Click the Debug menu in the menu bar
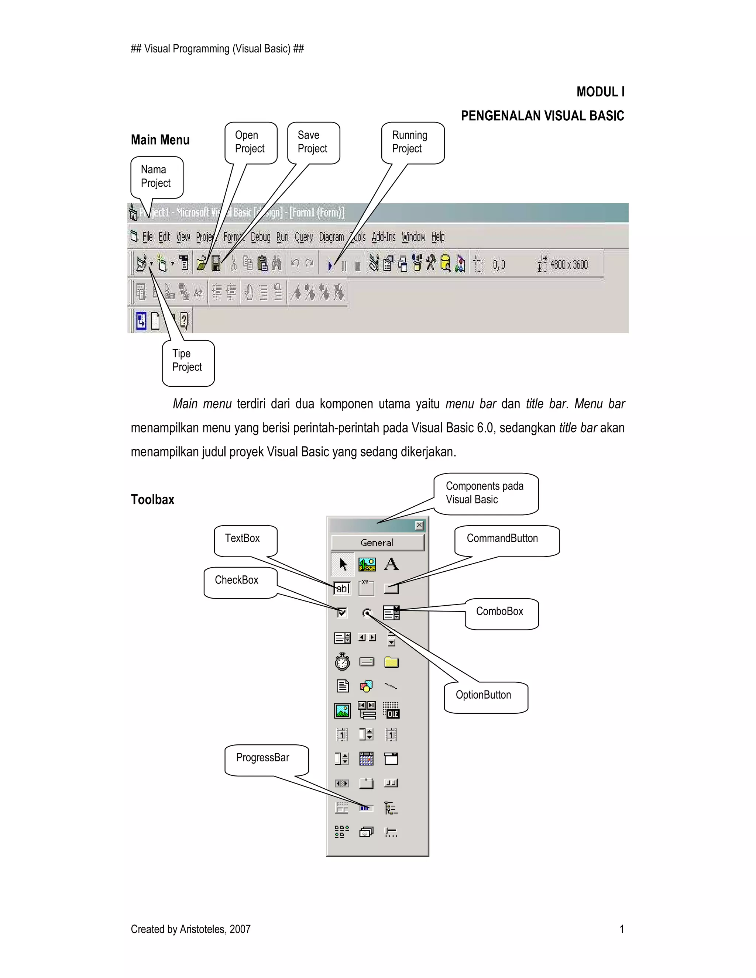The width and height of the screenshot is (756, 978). pyautogui.click(x=260, y=237)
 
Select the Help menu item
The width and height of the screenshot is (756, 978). pyautogui.click(x=437, y=237)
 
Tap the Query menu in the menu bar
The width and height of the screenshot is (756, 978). pyautogui.click(x=304, y=237)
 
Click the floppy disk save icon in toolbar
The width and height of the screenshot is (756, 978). pyautogui.click(x=216, y=264)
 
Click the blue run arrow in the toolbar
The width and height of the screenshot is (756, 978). pyautogui.click(x=330, y=266)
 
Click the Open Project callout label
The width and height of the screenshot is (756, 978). pyautogui.click(x=250, y=142)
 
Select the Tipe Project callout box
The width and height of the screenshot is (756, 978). pyautogui.click(x=187, y=361)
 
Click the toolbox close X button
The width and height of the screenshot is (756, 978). pyautogui.click(x=419, y=525)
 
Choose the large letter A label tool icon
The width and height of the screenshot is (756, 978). pyautogui.click(x=391, y=564)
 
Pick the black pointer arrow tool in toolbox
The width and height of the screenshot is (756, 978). pyautogui.click(x=343, y=564)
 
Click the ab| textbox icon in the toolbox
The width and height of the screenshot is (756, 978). pyautogui.click(x=342, y=588)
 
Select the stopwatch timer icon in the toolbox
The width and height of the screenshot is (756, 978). pyautogui.click(x=343, y=661)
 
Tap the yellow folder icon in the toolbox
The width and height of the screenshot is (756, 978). pyautogui.click(x=391, y=662)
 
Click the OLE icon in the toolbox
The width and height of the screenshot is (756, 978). pyautogui.click(x=391, y=711)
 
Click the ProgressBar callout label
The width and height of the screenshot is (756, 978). pyautogui.click(x=263, y=758)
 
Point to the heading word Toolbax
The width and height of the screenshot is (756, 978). pyautogui.click(x=152, y=500)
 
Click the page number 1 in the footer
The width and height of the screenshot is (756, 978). pyautogui.click(x=621, y=929)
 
